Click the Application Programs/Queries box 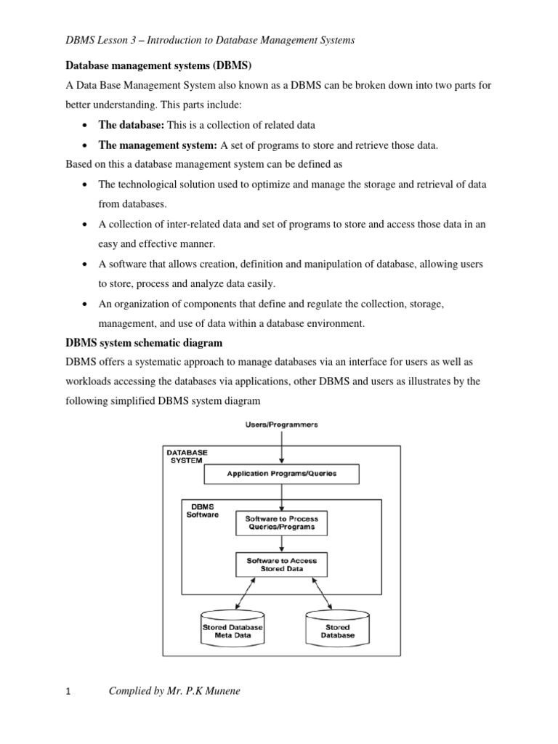click(282, 474)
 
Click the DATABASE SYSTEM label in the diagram click(187, 456)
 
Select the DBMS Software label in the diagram click(203, 510)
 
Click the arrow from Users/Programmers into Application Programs click(282, 446)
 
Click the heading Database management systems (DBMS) click(158, 65)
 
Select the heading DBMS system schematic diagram click(144, 342)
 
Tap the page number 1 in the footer click(68, 692)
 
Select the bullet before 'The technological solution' click(86, 185)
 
